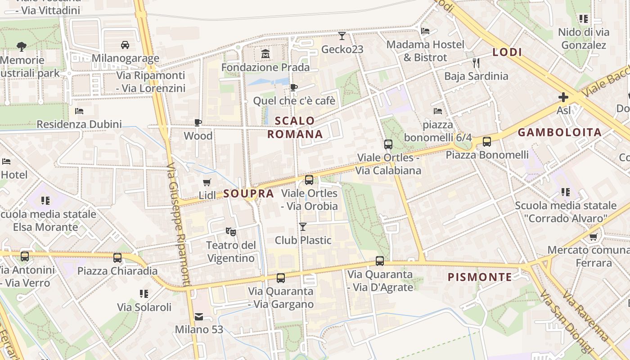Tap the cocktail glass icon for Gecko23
(x=342, y=36)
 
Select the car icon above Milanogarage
(x=125, y=45)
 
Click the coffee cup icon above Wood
(x=198, y=122)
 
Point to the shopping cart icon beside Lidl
(x=207, y=182)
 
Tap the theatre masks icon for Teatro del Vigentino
(x=231, y=232)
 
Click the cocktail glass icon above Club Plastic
(x=303, y=227)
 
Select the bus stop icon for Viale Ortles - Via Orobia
(x=309, y=180)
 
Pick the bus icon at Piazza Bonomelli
(x=487, y=142)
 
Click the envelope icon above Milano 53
(x=199, y=316)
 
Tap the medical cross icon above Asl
(x=563, y=97)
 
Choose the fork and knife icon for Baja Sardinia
(x=476, y=63)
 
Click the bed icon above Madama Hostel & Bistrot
(x=425, y=31)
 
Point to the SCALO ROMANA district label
(x=295, y=127)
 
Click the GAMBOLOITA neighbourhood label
(x=560, y=132)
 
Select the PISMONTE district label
(x=480, y=277)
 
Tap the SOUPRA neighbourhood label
(x=249, y=194)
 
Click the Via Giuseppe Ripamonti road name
(x=179, y=225)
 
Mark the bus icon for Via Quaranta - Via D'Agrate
(x=380, y=261)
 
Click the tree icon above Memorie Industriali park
(x=21, y=46)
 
